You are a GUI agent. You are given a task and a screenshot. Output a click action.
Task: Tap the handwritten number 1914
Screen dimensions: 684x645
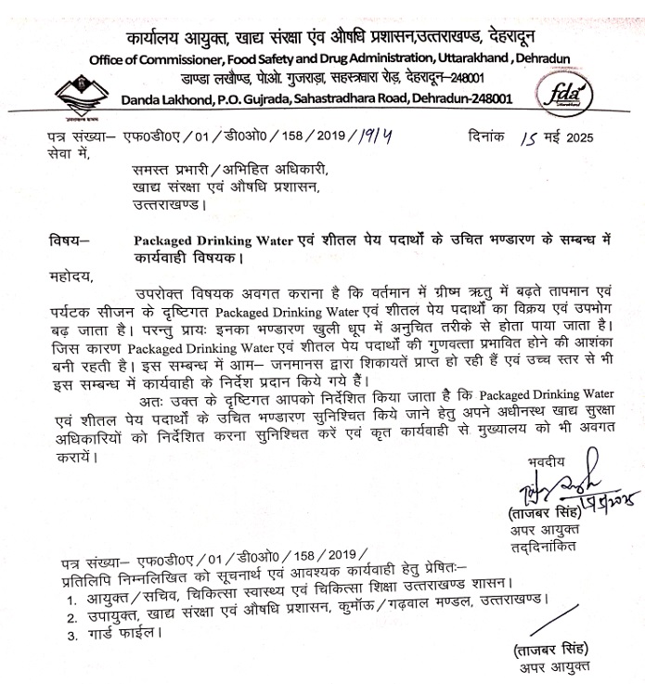(376, 136)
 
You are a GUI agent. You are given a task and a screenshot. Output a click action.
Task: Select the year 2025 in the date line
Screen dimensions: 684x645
(575, 137)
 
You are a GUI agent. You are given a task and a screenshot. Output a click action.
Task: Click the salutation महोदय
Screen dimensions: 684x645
(72, 276)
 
